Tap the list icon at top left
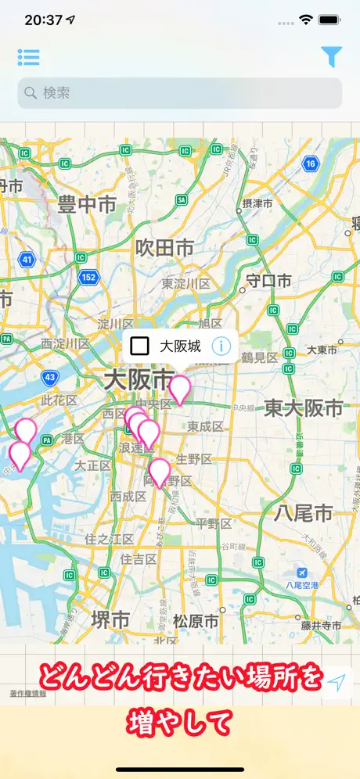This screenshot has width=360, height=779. tap(29, 57)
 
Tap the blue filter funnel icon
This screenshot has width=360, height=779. tap(332, 56)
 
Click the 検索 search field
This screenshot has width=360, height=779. tap(180, 93)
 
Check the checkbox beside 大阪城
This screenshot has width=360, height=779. tap(140, 346)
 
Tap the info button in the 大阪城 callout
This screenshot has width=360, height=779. tap(221, 346)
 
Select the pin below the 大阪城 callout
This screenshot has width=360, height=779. tap(180, 389)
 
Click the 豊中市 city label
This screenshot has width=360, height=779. tap(87, 206)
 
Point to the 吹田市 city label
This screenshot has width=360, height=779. tap(164, 248)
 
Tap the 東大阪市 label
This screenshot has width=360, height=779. tap(304, 407)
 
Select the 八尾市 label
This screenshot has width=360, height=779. tap(303, 513)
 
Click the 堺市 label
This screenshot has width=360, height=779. tap(110, 619)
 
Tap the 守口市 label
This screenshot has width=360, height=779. tap(268, 280)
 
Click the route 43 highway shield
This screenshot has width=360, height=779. tap(50, 377)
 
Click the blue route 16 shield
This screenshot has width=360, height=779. tap(311, 163)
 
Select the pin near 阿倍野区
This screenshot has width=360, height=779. tap(160, 472)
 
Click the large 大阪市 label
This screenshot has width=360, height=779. tap(138, 381)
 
